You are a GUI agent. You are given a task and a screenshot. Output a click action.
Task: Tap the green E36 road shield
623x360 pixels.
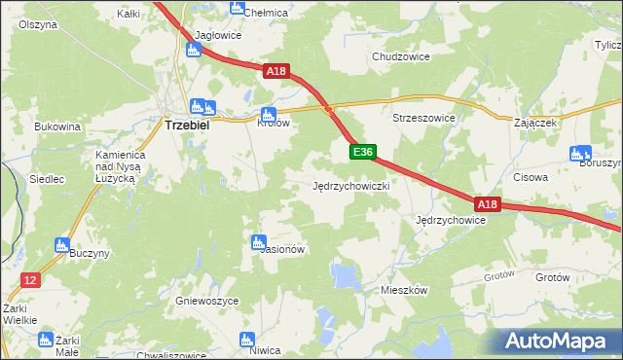362,152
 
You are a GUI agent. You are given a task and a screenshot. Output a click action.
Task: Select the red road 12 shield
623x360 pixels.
30,280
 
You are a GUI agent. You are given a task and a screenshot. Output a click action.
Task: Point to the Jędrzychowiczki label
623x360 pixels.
351,185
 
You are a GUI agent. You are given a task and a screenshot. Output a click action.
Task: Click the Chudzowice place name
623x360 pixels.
401,56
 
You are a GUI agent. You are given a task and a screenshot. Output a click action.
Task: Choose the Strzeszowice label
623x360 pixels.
423,118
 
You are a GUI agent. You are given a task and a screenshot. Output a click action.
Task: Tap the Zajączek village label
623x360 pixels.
535,124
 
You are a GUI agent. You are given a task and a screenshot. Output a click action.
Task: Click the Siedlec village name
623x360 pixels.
47,179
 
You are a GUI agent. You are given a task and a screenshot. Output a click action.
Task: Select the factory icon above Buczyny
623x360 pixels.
62,245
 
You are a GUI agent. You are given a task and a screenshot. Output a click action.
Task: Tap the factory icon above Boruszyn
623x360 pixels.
581,152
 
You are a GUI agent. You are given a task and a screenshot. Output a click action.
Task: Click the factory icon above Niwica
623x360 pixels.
244,340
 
